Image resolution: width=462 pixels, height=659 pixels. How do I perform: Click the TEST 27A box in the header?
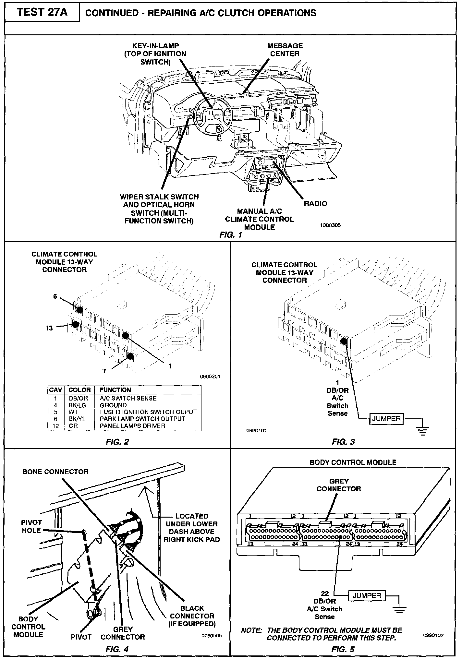tap(42, 13)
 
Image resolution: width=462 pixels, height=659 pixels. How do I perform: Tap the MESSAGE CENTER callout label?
tap(285, 50)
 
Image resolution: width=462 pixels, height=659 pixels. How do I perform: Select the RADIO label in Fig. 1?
tap(315, 204)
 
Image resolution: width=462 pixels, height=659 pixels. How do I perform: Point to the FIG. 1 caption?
tap(231, 235)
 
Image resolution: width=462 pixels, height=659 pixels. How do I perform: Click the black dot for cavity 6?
tap(79, 309)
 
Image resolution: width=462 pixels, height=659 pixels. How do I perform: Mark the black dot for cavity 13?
tap(75, 324)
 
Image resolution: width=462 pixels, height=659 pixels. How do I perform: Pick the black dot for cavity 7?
tap(130, 356)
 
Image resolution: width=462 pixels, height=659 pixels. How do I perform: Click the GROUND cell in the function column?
tap(113, 405)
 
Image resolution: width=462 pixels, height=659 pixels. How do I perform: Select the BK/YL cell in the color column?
tap(77, 419)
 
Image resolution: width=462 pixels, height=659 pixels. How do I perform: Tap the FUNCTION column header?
tap(115, 390)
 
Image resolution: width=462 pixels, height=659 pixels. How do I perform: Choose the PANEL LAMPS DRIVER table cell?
tap(132, 426)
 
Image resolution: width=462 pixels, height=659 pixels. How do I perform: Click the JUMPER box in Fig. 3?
tap(386, 418)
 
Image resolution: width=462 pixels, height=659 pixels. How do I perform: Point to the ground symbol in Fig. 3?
tap(422, 430)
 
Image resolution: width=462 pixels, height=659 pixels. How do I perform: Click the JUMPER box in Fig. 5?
tap(367, 596)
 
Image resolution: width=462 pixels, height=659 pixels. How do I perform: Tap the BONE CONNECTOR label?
tap(55, 472)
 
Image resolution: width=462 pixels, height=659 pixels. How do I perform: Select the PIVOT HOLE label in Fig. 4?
tap(31, 526)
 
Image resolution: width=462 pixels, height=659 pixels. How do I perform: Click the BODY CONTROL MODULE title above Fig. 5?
tap(353, 462)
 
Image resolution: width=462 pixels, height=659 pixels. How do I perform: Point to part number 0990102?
tap(433, 636)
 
